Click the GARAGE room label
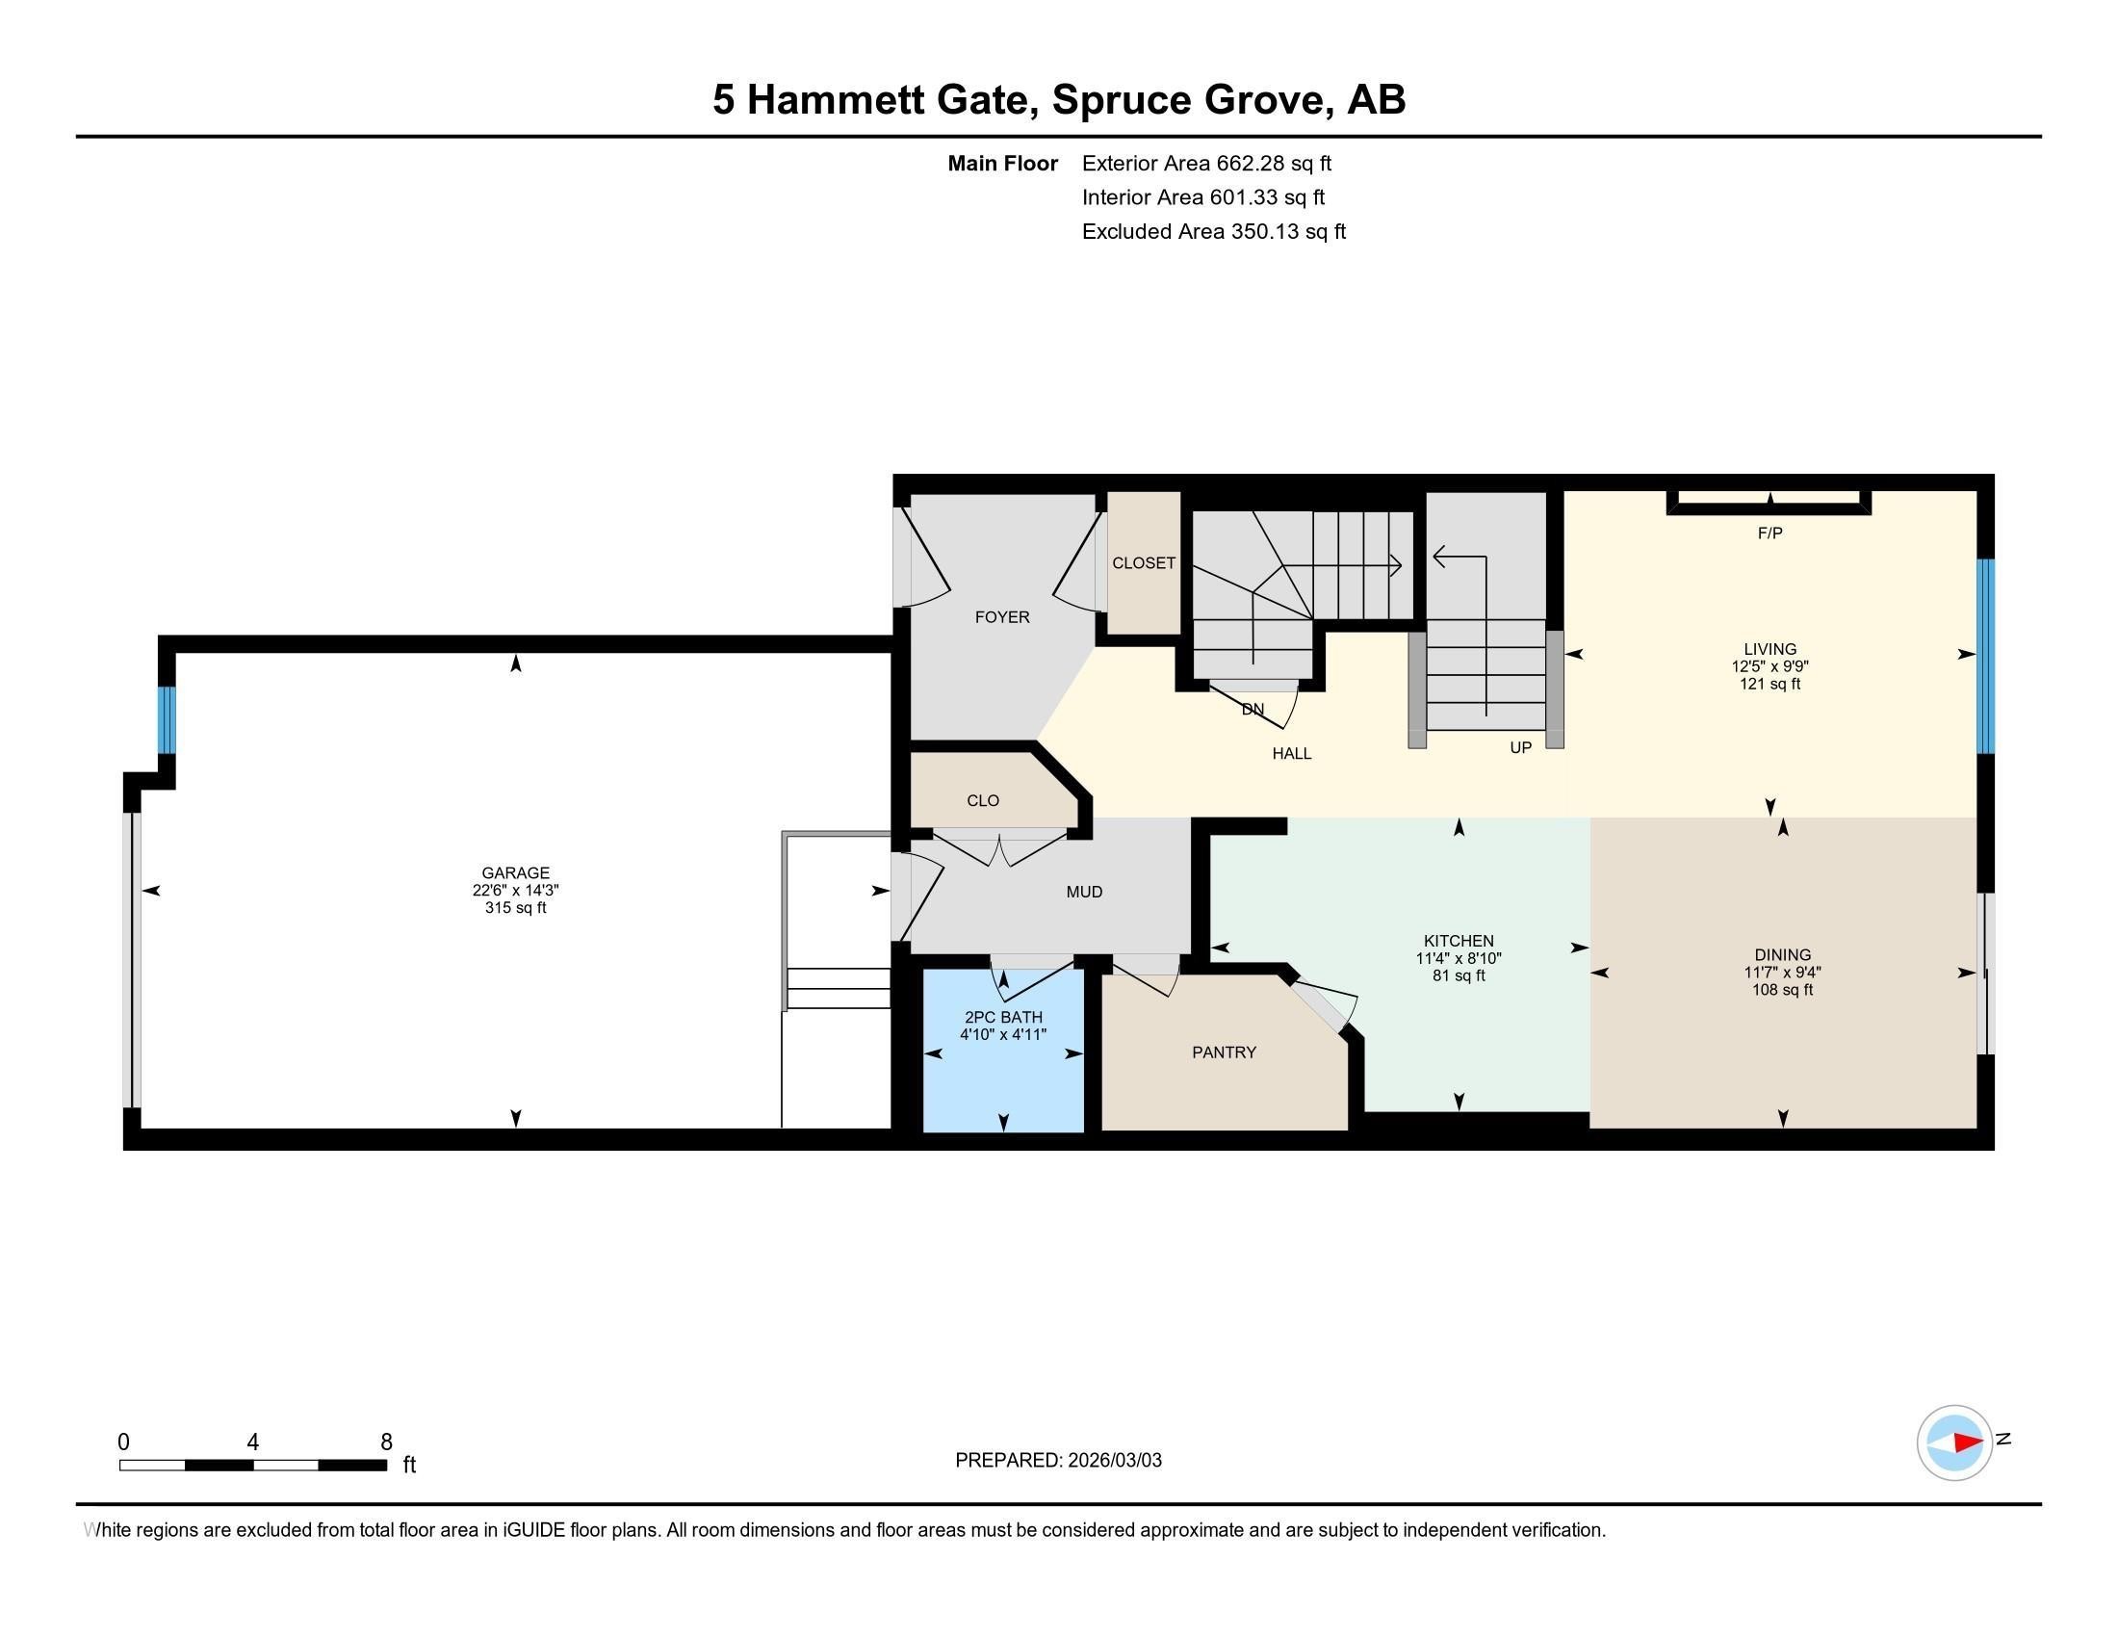[515, 872]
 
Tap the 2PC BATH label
[1003, 1017]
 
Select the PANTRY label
[1224, 1052]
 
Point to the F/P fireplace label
[1769, 533]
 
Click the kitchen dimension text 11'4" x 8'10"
[1458, 958]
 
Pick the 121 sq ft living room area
[1769, 684]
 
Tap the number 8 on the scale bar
[386, 1442]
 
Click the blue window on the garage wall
[167, 719]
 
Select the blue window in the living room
[1985, 656]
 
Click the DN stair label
[1252, 710]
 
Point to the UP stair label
[1519, 747]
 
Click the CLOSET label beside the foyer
[1144, 563]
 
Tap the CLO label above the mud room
[982, 801]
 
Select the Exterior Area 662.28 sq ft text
[1206, 164]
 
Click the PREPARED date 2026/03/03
[1113, 1461]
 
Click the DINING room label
[1781, 955]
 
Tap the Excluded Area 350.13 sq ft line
[1213, 232]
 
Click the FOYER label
[1002, 618]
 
